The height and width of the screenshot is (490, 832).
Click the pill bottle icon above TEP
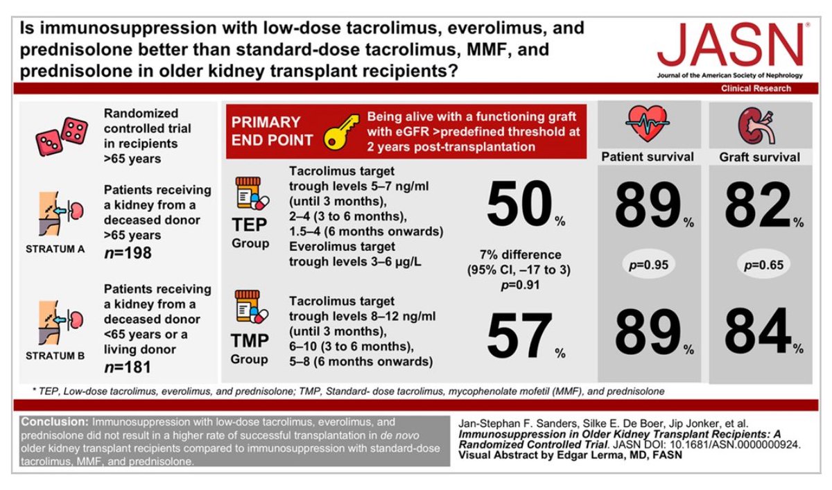[x=250, y=193]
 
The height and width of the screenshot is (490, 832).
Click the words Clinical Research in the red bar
[x=756, y=89]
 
